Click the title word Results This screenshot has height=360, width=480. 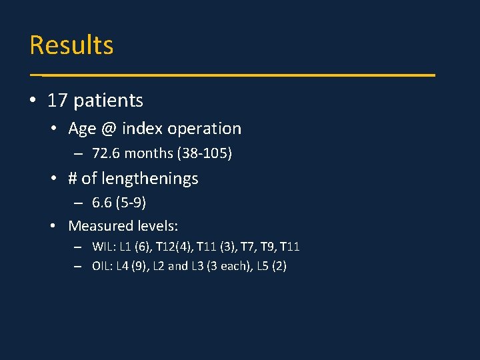tap(71, 45)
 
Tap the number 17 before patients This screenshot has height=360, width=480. tap(57, 101)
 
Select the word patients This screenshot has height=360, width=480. tap(109, 101)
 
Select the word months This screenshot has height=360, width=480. tap(149, 153)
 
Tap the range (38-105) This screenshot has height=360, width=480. tap(204, 153)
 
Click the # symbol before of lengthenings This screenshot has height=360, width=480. tap(73, 179)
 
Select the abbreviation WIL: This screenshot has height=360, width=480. tap(104, 247)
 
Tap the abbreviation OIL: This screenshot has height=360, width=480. tap(103, 267)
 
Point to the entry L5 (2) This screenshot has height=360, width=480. tap(270, 267)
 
